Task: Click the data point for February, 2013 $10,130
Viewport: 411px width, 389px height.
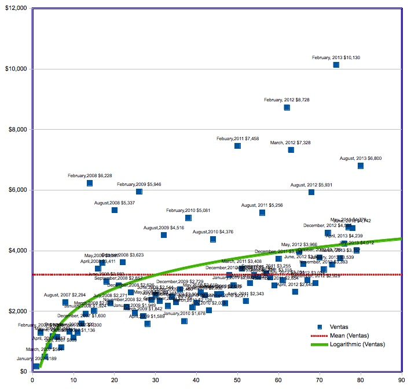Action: point(336,65)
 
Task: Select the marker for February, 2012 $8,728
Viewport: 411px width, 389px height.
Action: point(287,108)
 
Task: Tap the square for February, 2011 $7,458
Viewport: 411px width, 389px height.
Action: point(237,146)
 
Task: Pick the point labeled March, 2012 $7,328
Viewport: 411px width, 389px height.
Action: point(291,150)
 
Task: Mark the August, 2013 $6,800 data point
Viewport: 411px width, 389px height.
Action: point(360,166)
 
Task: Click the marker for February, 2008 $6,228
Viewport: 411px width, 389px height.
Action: point(90,183)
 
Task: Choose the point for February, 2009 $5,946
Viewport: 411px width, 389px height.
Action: point(139,192)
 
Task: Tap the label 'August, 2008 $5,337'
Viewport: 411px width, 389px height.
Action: point(115,203)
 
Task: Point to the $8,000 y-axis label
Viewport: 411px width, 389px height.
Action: point(16,130)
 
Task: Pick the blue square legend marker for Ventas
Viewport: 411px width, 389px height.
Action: point(321,328)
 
